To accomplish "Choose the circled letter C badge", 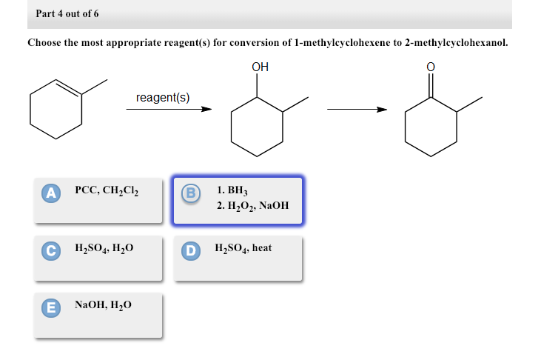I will tap(50, 250).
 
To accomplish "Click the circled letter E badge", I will tap(50, 306).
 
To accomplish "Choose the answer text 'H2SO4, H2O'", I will tap(104, 248).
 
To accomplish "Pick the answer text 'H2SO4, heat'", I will tap(243, 248).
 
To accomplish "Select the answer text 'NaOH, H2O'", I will tap(104, 304).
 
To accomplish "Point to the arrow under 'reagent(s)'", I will tap(169, 110).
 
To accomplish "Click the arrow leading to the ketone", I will tap(357, 110).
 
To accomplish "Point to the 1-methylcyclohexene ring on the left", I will tap(56, 111).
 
